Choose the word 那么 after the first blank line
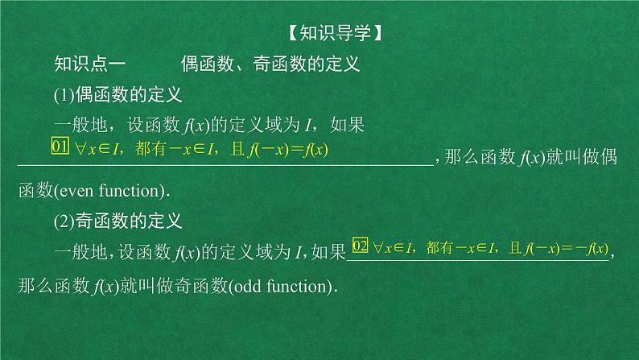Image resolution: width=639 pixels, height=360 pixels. tap(464, 159)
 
